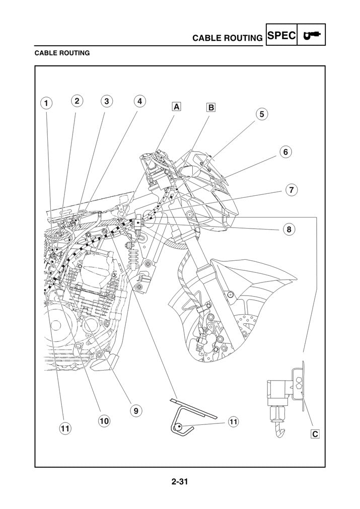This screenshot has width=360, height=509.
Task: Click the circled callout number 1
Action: point(45,104)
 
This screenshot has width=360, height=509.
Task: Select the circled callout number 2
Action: point(77,101)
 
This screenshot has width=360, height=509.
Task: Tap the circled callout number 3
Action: point(106,101)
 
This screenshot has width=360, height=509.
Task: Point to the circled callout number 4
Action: point(139,101)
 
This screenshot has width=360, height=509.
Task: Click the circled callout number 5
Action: point(261,114)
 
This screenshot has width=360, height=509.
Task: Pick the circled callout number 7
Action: point(291,190)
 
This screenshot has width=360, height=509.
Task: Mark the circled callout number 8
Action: point(288,229)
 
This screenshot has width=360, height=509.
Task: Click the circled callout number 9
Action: point(135,410)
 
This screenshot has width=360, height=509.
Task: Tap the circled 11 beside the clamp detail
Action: point(233,422)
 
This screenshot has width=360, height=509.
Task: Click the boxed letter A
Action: point(177,107)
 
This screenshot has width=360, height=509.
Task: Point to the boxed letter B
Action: point(211,107)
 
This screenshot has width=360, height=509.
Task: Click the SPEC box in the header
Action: point(281,36)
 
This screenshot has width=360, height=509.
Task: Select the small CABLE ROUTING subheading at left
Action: point(62,52)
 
